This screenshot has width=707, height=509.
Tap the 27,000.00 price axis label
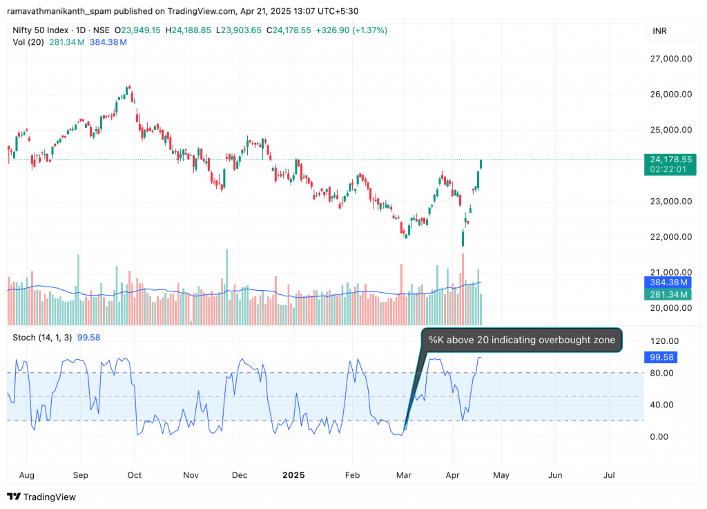[x=668, y=59]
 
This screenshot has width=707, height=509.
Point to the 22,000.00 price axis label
[x=668, y=237]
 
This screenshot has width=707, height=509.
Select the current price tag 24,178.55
[x=667, y=159]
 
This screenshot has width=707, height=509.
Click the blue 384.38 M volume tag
[x=667, y=282]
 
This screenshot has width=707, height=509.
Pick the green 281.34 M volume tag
[x=667, y=295]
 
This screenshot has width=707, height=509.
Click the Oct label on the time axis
[x=135, y=475]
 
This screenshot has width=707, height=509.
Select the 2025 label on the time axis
[x=293, y=475]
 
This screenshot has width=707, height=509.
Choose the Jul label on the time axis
[x=610, y=475]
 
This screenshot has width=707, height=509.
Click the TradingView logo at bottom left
[x=41, y=497]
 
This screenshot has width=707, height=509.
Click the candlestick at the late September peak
[x=128, y=89]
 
